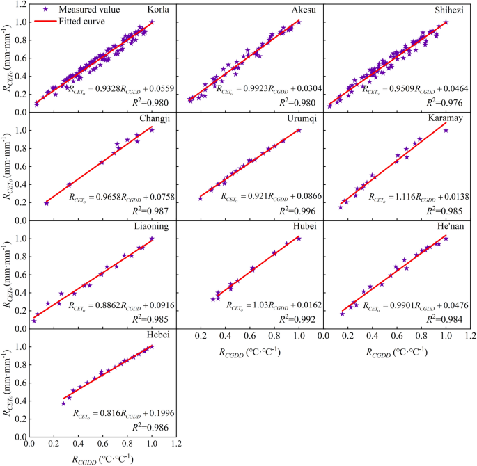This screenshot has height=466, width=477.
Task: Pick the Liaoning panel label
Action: coord(155,226)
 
